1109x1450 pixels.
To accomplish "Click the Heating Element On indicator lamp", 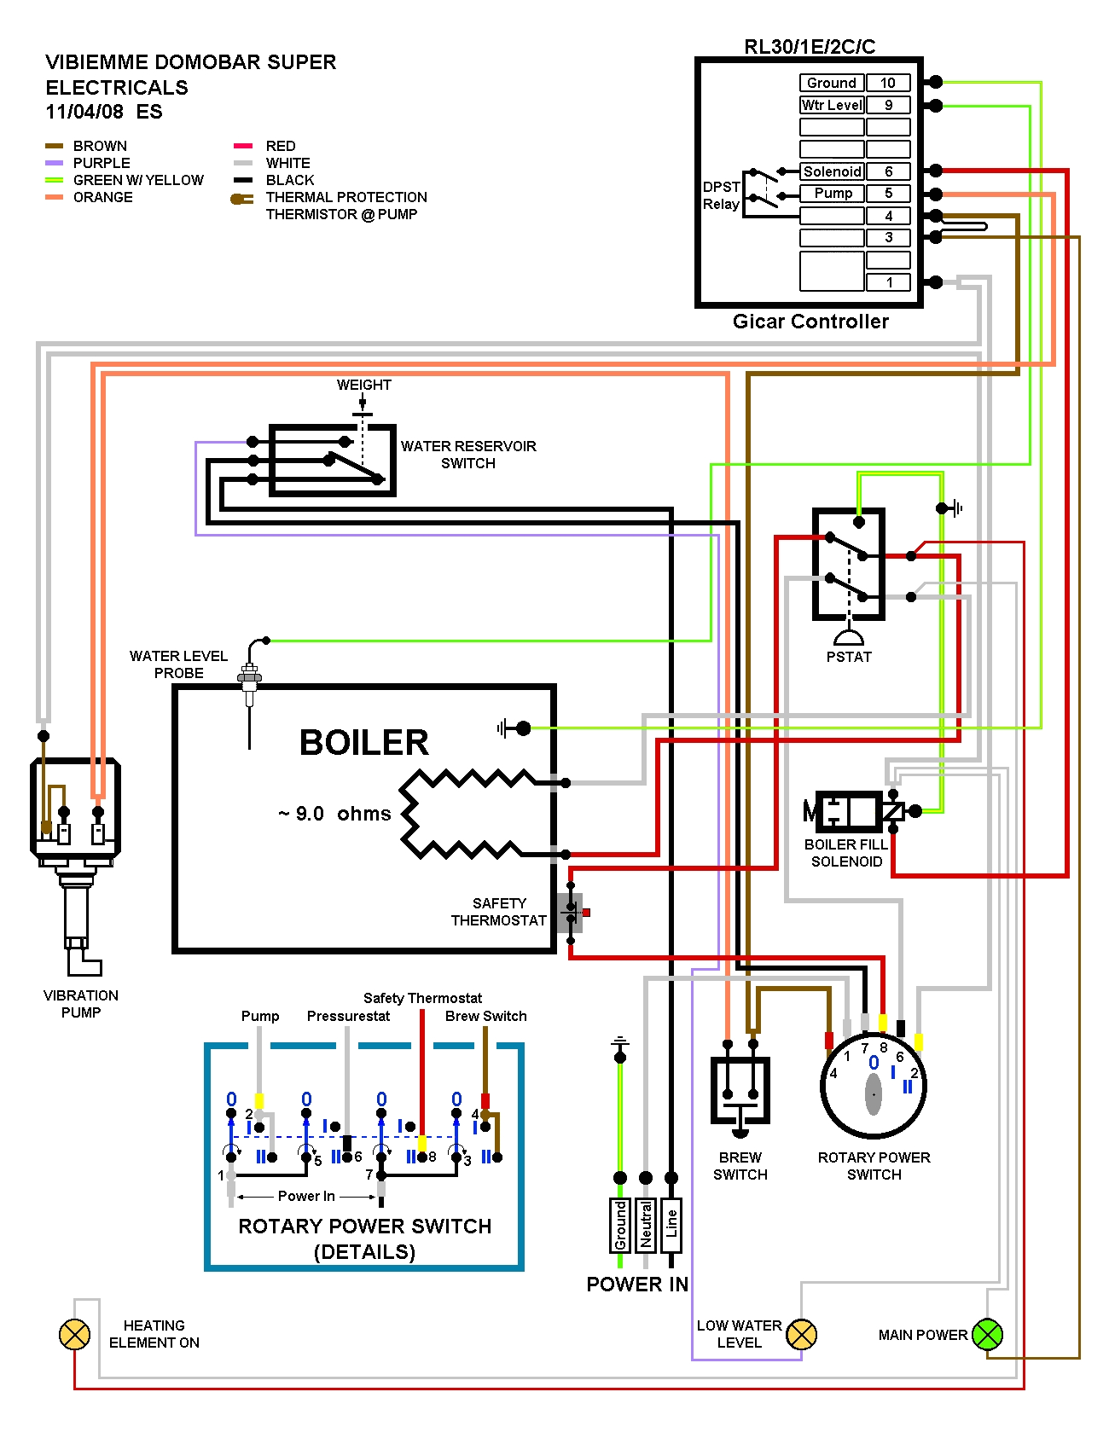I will click(74, 1334).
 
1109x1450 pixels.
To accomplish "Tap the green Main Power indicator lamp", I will click(987, 1334).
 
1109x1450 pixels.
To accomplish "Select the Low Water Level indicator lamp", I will click(801, 1334).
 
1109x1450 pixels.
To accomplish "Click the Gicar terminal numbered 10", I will click(888, 83).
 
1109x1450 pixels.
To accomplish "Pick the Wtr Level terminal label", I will click(832, 105).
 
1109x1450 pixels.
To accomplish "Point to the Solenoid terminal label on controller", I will click(832, 171).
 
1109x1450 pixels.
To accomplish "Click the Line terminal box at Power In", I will click(671, 1225).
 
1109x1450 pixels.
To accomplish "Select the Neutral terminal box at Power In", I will click(646, 1225).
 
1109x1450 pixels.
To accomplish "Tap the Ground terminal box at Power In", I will click(620, 1225).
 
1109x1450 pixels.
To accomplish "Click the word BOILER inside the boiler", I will click(364, 743).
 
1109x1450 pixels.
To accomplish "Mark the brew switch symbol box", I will click(740, 1091).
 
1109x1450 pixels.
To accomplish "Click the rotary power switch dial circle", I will click(874, 1087).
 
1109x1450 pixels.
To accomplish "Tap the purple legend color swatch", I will click(55, 163).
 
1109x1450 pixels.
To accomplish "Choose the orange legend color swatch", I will click(55, 197).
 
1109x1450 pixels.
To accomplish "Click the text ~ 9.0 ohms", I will click(334, 814).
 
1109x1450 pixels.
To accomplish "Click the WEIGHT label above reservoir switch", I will click(363, 385).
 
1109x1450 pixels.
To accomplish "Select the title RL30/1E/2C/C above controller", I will click(810, 47).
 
